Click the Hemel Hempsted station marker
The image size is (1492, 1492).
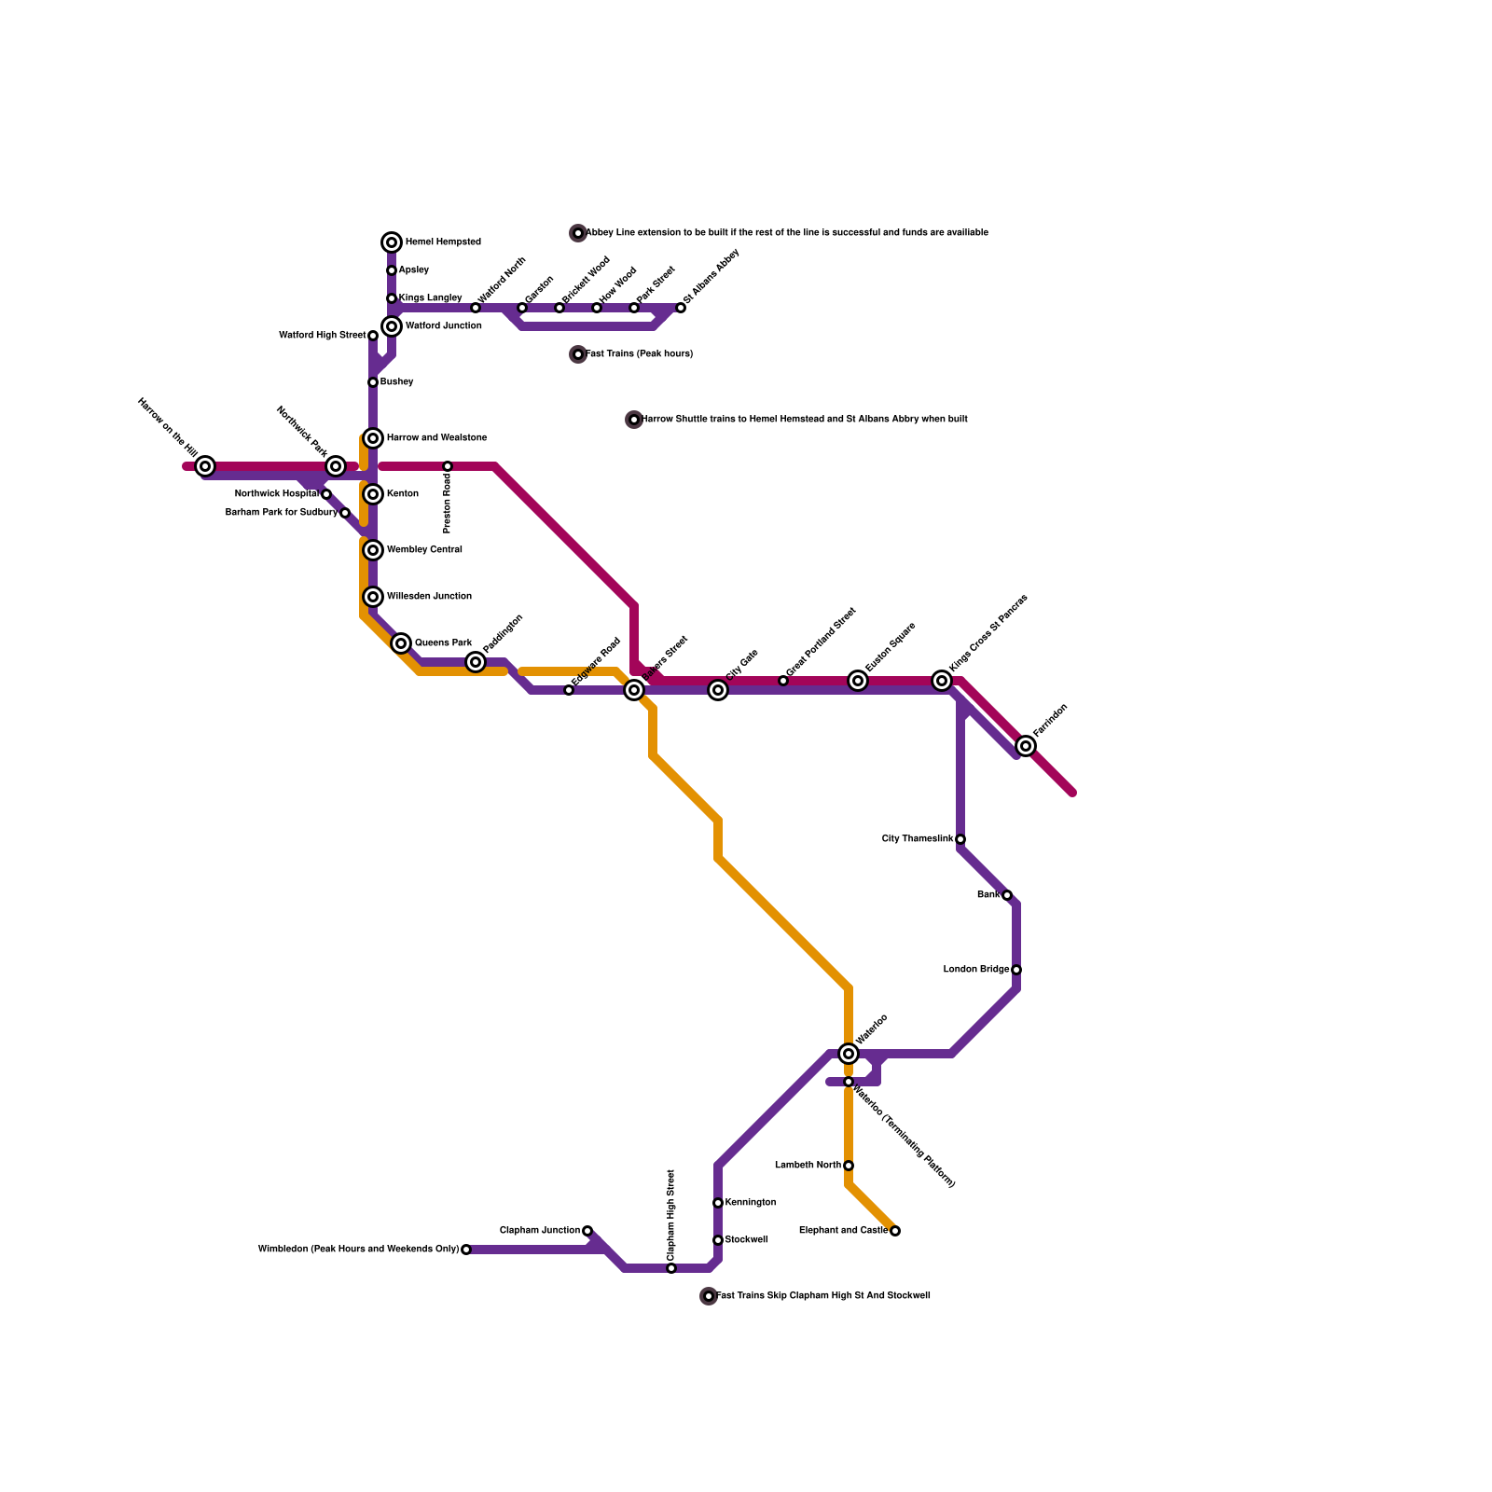click(392, 242)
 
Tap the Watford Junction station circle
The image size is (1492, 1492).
click(392, 326)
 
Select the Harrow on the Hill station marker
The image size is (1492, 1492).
click(205, 466)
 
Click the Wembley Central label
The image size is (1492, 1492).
click(424, 550)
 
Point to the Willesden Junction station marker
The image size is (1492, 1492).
click(373, 597)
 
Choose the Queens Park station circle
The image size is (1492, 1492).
click(401, 643)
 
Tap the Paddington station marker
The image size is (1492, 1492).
click(476, 662)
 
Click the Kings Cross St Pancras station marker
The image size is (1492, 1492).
click(942, 681)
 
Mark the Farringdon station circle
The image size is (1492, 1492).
click(1026, 746)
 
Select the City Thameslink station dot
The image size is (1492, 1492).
click(960, 839)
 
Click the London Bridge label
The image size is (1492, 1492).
click(975, 970)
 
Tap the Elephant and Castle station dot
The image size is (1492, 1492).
click(895, 1231)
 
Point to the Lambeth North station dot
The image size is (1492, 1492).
click(849, 1166)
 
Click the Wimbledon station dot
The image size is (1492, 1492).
click(466, 1250)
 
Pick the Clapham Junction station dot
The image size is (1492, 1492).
click(587, 1231)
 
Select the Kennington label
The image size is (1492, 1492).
click(751, 1203)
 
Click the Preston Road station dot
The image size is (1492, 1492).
click(448, 466)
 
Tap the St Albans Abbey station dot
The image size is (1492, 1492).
click(681, 308)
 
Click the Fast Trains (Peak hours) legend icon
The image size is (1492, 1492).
click(578, 354)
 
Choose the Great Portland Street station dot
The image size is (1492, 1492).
click(783, 681)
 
